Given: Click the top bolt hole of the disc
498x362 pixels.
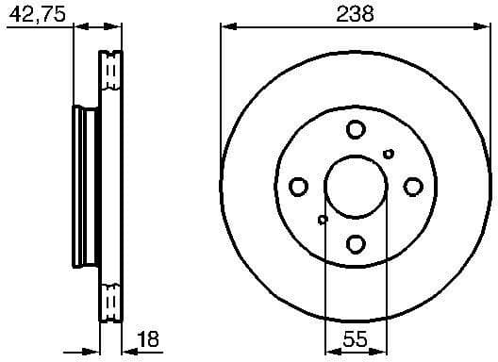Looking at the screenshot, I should [356, 129].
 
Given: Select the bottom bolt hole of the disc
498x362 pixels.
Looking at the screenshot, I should [356, 244].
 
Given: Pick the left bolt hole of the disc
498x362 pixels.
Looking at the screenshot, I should [298, 187].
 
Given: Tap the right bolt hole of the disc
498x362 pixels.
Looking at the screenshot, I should [413, 187].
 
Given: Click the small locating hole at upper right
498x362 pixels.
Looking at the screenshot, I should [389, 154].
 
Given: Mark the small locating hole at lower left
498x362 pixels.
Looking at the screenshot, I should [323, 221].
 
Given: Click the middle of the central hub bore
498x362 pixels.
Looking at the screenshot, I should [356, 187].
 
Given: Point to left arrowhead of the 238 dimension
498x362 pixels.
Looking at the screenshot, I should [225, 26].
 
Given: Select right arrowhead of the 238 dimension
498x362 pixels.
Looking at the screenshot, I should [486, 26].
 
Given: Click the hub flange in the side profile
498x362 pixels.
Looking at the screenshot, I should [83, 187].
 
